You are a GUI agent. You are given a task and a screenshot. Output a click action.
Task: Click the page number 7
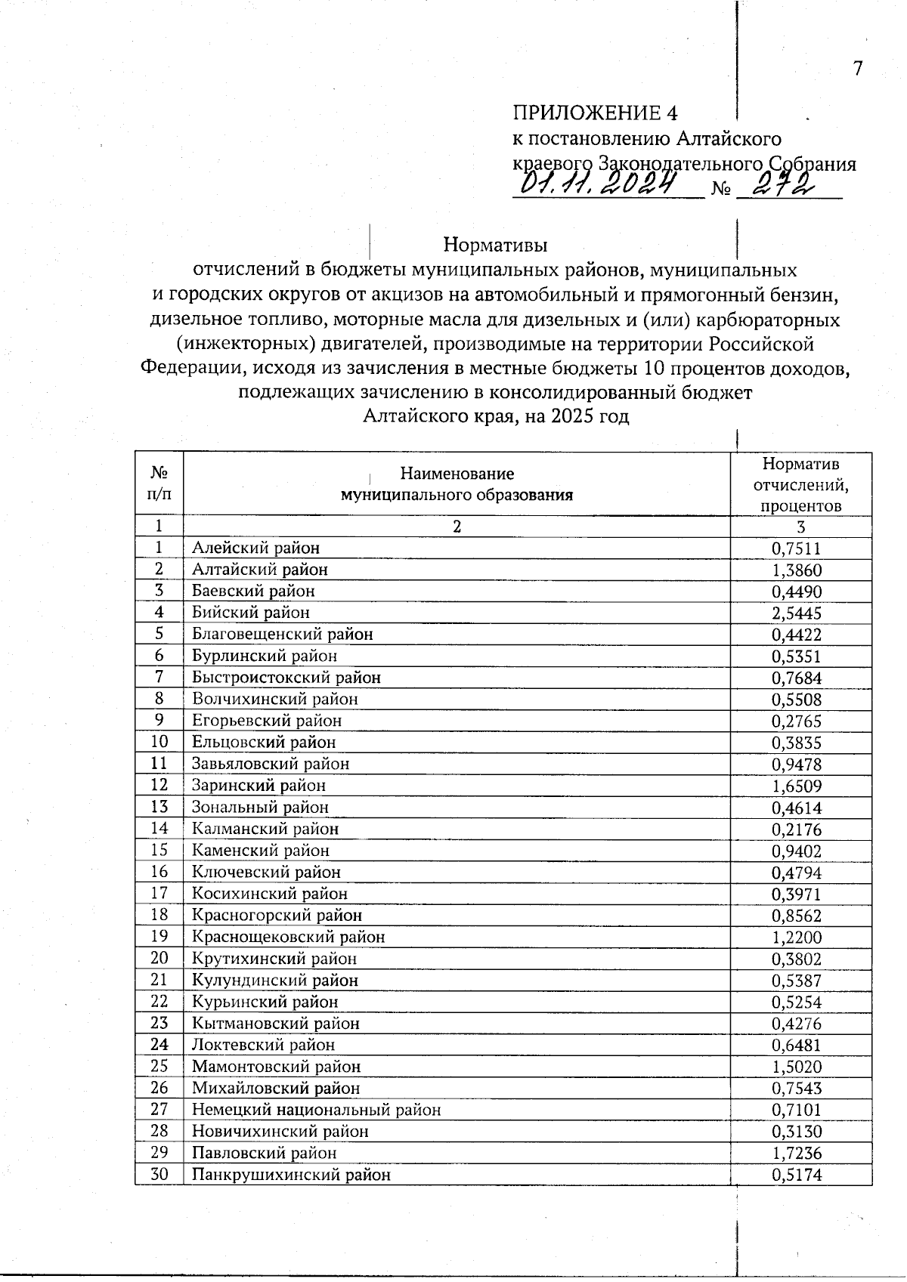click(857, 69)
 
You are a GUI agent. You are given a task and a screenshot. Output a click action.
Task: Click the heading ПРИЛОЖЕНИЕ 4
click(595, 113)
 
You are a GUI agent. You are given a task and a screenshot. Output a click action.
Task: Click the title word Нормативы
click(495, 246)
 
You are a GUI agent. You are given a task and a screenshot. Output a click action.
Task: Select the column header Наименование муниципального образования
click(457, 484)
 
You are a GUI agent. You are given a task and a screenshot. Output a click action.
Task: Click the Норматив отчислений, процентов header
click(800, 484)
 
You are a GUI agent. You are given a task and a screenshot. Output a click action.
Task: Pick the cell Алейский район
click(255, 548)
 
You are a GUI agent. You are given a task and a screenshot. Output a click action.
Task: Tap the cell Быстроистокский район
click(286, 678)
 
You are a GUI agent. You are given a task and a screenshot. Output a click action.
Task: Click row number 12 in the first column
click(159, 786)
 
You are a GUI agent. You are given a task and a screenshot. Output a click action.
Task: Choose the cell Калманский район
click(265, 829)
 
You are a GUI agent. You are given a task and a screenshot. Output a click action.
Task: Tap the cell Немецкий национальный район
click(316, 1110)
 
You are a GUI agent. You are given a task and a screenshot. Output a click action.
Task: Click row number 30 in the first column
click(159, 1175)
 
